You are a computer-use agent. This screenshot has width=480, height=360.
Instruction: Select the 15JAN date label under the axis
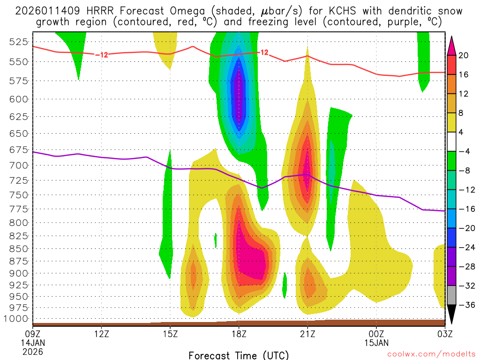376,342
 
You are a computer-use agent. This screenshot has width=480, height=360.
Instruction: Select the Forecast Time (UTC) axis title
239,355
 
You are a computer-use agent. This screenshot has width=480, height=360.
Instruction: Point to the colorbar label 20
464,55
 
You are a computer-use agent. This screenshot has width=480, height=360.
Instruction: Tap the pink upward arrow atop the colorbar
451,45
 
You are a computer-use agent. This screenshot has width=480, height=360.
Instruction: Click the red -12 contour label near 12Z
102,55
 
